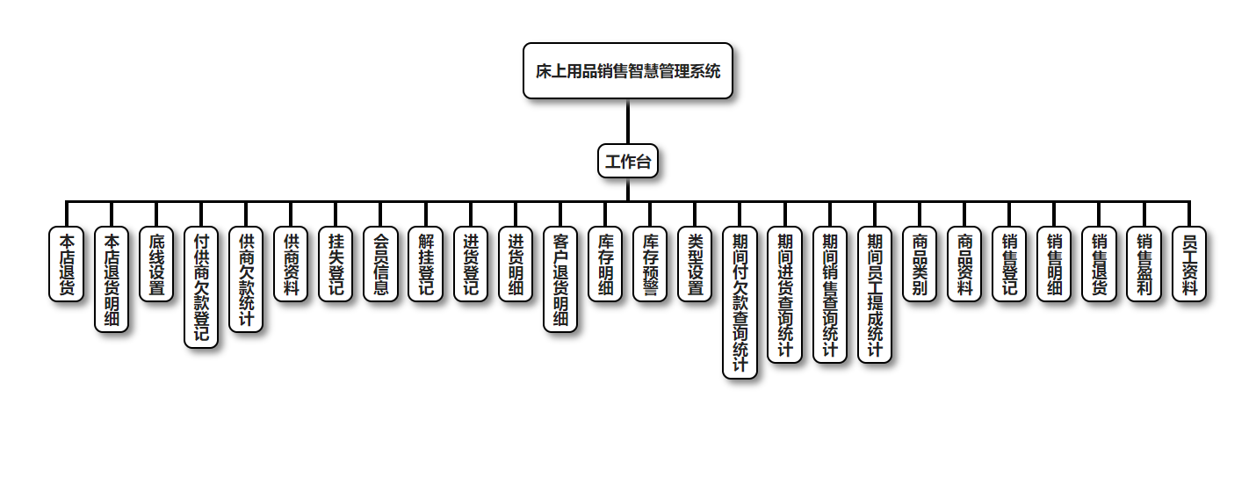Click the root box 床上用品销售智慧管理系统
pos(627,71)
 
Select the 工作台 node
pos(627,162)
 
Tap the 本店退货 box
pos(66,264)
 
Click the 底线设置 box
pos(156,264)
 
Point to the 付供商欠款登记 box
pos(201,287)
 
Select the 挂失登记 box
pos(336,264)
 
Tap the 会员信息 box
pos(380,264)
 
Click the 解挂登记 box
pos(425,264)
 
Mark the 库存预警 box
pos(650,264)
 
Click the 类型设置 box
pos(695,264)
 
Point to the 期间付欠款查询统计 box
pos(740,302)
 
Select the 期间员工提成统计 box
pos(875,294)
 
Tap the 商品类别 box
pos(920,264)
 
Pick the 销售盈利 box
pos(1144,264)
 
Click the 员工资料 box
pos(1189,264)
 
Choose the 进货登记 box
pos(471,264)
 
